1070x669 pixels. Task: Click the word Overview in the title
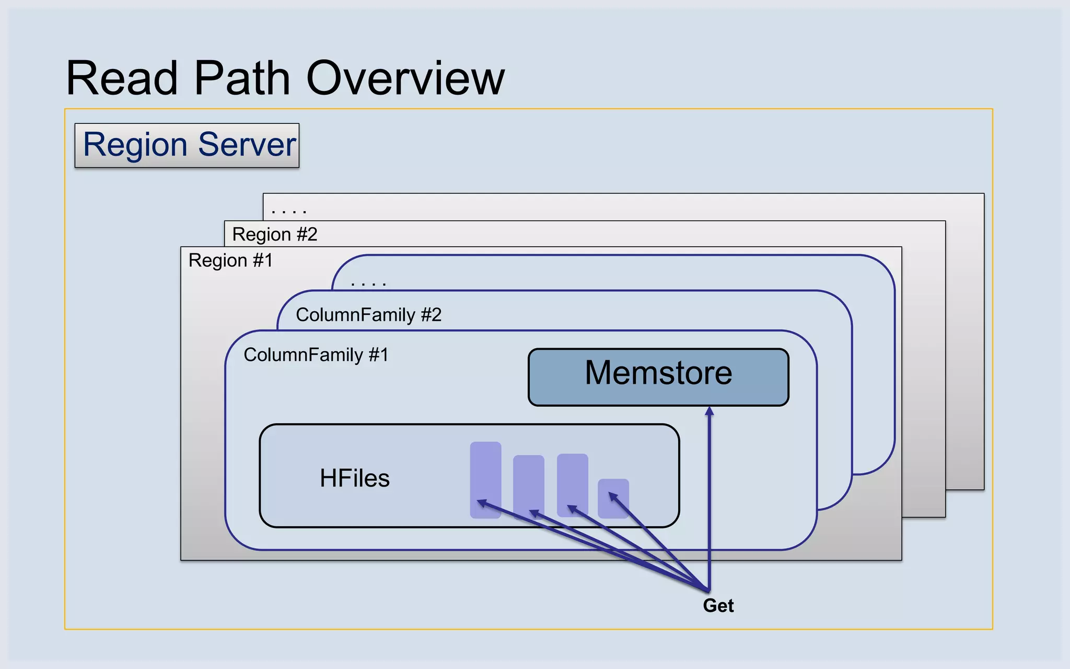[405, 78]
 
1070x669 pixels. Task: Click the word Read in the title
[122, 78]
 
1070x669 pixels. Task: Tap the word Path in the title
[242, 78]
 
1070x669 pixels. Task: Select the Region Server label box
[187, 145]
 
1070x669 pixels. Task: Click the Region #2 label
[275, 234]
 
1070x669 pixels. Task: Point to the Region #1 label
[230, 260]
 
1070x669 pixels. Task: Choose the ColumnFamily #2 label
[368, 315]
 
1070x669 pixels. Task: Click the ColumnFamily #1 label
[316, 355]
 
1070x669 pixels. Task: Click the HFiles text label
[355, 478]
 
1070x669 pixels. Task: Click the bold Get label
[718, 605]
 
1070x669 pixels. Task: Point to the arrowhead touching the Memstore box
[709, 411]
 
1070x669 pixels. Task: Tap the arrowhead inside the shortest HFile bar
[613, 495]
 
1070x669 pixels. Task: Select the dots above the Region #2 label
[288, 211]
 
